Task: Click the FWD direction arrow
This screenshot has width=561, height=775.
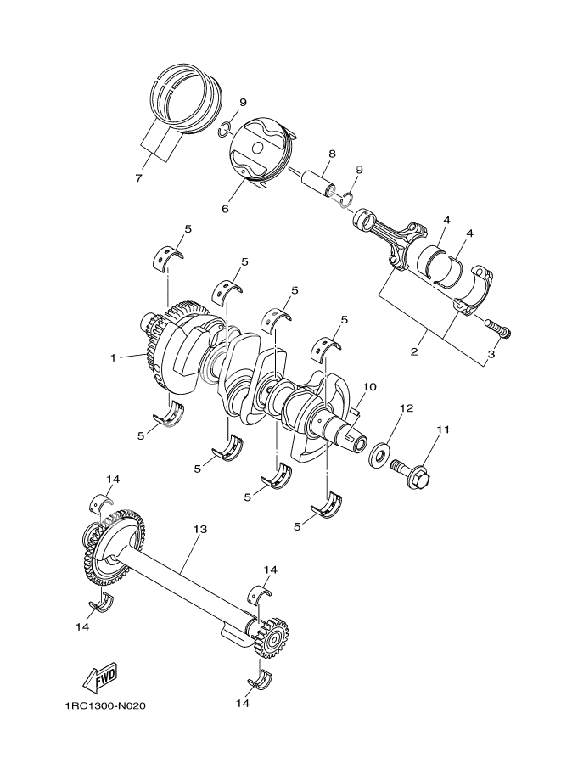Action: pos(98,677)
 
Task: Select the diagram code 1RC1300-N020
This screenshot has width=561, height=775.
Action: pos(108,705)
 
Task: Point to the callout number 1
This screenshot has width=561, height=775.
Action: pos(112,357)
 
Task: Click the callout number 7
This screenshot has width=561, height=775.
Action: pos(137,177)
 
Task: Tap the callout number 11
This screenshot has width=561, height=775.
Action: pos(440,431)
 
